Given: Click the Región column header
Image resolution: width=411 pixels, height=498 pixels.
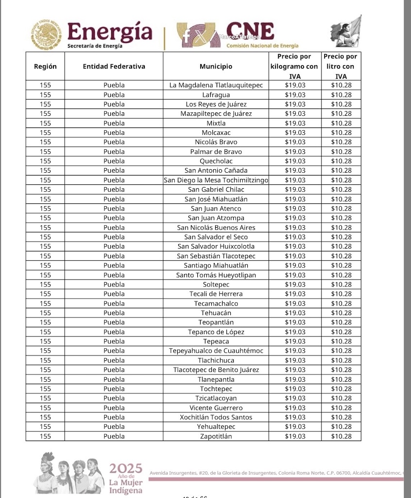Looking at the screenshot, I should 45,67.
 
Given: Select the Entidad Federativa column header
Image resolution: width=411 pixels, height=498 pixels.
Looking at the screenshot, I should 114,67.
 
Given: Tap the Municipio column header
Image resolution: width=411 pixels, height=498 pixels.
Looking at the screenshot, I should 216,67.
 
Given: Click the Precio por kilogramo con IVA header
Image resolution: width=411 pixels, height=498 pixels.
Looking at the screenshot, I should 295,67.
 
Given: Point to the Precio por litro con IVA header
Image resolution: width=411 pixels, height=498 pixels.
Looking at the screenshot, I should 341,67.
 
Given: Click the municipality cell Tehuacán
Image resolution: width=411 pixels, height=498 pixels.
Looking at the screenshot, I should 216,313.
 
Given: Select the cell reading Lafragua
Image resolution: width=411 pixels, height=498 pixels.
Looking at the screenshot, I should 216,95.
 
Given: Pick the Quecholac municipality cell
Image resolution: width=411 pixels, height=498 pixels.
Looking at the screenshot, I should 216,161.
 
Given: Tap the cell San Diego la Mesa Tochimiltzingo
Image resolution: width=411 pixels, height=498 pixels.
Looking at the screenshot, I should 216,180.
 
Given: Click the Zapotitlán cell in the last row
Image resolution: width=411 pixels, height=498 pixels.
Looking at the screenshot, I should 216,436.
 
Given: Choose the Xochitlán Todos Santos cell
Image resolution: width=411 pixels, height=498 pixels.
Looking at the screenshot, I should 216,417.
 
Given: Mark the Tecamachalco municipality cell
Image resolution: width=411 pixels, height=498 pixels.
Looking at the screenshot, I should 216,303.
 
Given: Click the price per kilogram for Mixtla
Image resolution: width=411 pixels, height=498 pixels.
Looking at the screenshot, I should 295,123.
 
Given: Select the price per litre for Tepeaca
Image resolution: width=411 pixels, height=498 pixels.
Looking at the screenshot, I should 341,341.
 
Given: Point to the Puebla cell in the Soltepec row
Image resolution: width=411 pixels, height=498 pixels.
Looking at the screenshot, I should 114,285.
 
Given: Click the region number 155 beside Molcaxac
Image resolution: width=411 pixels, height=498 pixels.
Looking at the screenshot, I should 45,133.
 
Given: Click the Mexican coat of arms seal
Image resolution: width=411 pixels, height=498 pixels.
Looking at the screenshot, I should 46,35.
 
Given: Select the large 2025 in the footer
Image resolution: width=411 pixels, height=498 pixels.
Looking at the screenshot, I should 125,469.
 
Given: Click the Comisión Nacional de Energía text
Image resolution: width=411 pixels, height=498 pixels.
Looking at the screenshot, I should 262,46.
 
